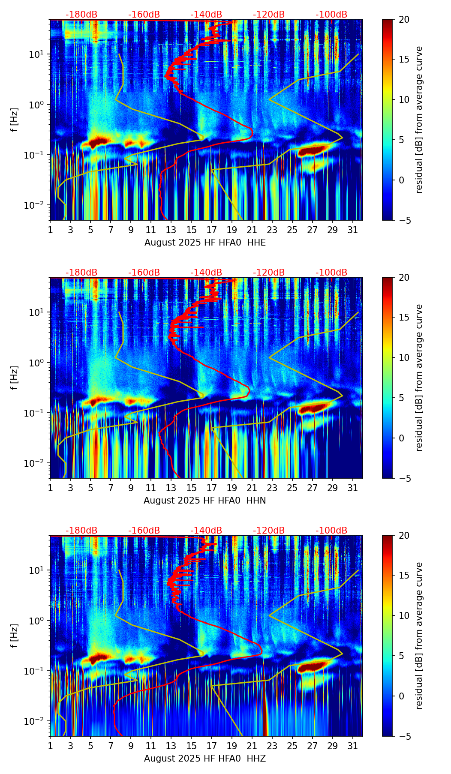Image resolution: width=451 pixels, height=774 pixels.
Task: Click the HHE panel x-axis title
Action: pos(205,243)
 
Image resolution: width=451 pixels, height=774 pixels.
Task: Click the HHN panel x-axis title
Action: pos(204,501)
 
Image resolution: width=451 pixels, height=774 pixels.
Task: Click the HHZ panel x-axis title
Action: pos(204,759)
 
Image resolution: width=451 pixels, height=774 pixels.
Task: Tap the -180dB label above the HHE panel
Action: pos(81,15)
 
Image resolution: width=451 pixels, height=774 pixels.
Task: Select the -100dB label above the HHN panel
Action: pos(331,273)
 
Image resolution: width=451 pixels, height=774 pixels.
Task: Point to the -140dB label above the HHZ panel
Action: pos(206,531)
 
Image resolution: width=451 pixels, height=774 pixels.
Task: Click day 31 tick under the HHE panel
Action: pos(353,230)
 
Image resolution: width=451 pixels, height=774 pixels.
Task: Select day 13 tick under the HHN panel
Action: pos(171,488)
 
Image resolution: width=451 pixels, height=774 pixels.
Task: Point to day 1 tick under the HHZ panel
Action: pos(50,746)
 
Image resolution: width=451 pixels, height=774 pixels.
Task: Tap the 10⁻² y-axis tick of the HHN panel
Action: pos(37,463)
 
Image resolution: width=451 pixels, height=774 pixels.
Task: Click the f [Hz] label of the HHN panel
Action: pos(15,378)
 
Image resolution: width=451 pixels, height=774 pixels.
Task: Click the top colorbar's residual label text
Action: pos(419,120)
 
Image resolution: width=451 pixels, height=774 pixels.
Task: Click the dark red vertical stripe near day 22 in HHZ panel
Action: pos(265,720)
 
